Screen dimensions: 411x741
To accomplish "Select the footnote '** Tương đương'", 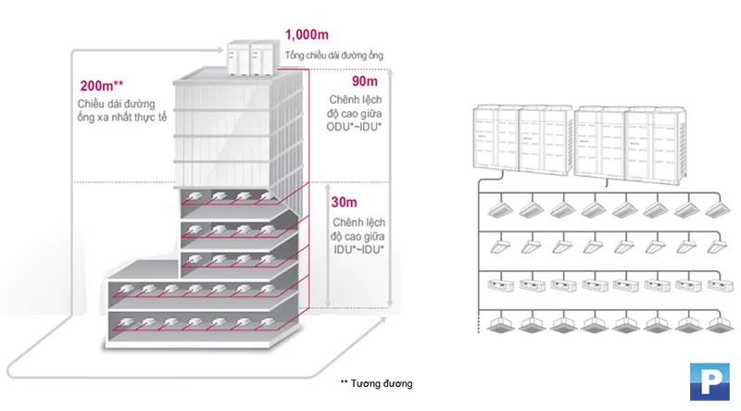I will coord(375,383).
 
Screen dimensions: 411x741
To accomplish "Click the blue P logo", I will coord(710,381).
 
